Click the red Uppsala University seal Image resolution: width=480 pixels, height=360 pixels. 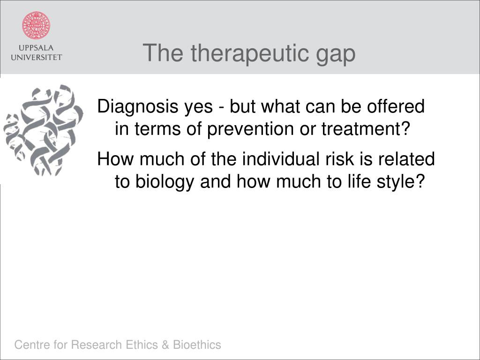tap(36, 25)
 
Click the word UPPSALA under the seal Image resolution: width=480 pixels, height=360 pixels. tap(36, 48)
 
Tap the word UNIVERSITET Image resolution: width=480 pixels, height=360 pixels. tap(36, 57)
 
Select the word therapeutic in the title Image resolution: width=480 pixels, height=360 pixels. tap(248, 54)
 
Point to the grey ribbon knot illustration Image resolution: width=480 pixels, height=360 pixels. tap(43, 130)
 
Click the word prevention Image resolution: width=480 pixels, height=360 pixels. tap(251, 129)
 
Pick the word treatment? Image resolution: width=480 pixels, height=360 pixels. tap(365, 129)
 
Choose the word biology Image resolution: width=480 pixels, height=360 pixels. tap(165, 182)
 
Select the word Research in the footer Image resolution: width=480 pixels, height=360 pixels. tap(97, 345)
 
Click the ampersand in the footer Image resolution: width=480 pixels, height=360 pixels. tap(165, 345)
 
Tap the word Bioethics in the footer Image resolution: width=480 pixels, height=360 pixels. tap(197, 345)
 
